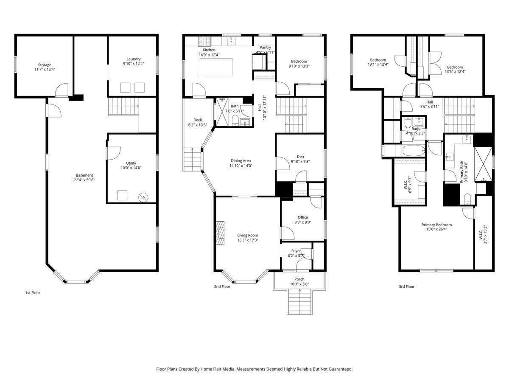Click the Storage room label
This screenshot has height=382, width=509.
45,65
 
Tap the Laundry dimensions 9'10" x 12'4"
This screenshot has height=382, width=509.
133,64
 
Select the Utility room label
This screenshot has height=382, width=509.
131,163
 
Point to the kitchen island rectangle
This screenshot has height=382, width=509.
216,66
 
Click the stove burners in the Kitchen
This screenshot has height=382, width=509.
205,41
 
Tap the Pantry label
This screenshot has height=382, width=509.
265,47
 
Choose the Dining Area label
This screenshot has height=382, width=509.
241,161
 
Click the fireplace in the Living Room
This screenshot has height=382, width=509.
220,233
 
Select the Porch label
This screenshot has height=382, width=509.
299,279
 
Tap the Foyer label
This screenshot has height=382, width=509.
296,251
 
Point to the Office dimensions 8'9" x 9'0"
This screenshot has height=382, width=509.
302,222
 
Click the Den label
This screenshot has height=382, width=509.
300,157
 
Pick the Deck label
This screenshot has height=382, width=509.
198,120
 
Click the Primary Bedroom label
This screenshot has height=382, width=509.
436,225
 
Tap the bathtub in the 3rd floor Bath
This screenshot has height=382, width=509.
413,151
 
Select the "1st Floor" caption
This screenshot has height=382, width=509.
33,293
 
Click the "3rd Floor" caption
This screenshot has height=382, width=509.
406,286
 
